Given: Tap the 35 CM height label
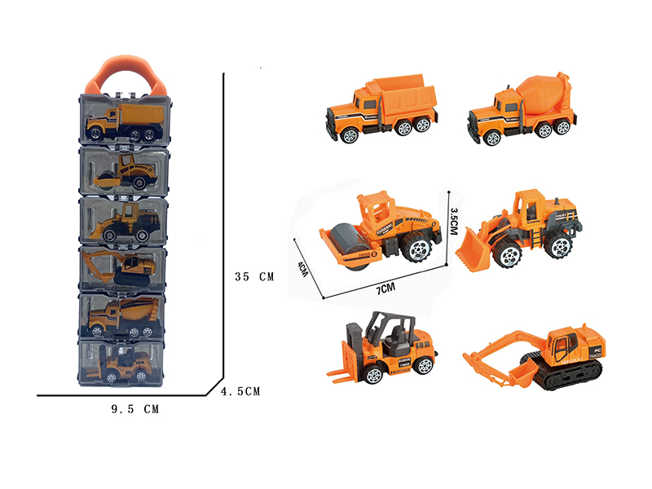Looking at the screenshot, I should (x=253, y=276).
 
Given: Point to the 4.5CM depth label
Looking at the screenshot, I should (x=240, y=392).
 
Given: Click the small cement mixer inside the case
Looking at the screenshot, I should (x=122, y=315).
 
